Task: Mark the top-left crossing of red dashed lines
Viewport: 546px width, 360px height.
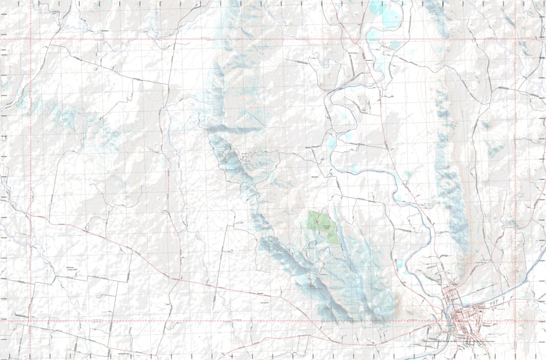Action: [31, 39]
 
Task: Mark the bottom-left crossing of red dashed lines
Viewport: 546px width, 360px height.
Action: [31, 321]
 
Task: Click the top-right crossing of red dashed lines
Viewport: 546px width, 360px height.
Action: [515, 39]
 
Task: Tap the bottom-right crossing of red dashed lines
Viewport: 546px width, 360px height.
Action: [515, 321]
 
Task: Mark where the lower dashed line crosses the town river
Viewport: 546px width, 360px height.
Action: [450, 321]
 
